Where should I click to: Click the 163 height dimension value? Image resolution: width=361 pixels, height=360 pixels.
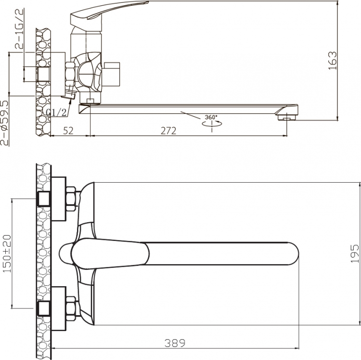(x=332, y=61)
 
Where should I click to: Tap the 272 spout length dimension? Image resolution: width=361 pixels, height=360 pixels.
(x=168, y=131)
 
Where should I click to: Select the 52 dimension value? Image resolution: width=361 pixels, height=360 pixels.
(x=68, y=131)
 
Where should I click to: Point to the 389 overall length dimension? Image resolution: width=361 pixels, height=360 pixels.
(x=175, y=343)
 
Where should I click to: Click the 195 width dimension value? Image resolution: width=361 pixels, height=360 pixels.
(x=355, y=253)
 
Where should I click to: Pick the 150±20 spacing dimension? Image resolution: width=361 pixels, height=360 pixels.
(x=7, y=253)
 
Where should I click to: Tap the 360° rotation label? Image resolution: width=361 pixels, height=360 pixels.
(x=211, y=117)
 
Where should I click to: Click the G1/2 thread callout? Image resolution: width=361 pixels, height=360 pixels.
(x=56, y=112)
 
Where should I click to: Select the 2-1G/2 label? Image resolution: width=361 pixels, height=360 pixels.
(x=20, y=28)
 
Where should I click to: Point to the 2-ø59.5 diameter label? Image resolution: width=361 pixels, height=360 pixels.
(x=5, y=123)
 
